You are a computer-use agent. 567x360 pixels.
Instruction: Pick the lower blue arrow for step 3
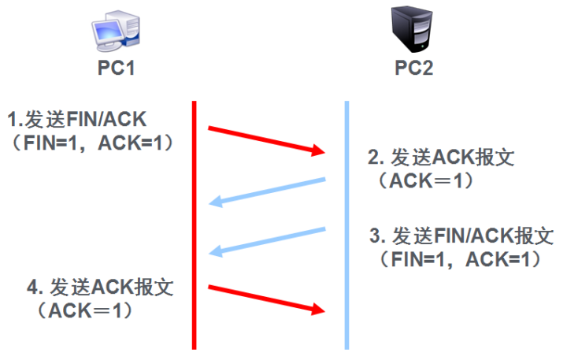268,242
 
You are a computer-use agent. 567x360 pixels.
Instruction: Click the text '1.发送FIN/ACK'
77,120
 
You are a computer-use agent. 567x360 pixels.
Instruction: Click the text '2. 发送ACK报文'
441,157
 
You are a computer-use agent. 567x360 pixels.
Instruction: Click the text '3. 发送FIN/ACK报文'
460,236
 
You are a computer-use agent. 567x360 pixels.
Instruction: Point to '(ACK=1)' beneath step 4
82,310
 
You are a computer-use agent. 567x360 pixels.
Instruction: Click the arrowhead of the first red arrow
319,150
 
